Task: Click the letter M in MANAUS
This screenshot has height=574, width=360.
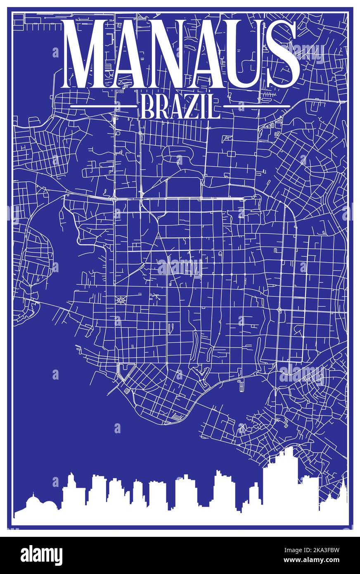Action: coord(89,54)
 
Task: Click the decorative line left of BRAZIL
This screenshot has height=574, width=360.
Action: coord(103,106)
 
